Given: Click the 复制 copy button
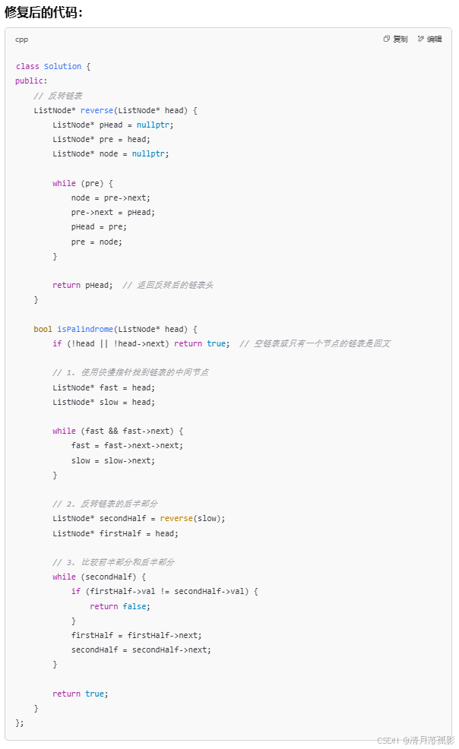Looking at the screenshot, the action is pyautogui.click(x=396, y=39).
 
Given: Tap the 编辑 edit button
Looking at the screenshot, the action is pyautogui.click(x=429, y=39).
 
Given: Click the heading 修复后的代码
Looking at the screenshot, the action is pyautogui.click(x=44, y=11).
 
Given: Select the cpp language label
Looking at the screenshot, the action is pyautogui.click(x=21, y=39).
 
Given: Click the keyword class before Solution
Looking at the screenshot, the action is pyautogui.click(x=27, y=67).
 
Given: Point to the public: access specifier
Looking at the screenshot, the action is pyautogui.click(x=31, y=81).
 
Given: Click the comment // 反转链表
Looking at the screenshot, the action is pyautogui.click(x=58, y=96).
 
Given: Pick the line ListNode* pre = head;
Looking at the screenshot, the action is pyautogui.click(x=101, y=140).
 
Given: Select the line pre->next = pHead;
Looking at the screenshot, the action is pyautogui.click(x=112, y=213).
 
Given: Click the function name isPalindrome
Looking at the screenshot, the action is pyautogui.click(x=84, y=329).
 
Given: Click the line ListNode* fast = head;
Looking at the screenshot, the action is pyautogui.click(x=103, y=387).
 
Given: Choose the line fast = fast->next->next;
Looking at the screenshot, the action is pyautogui.click(x=127, y=446).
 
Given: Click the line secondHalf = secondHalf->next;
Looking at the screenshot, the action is pyautogui.click(x=141, y=649).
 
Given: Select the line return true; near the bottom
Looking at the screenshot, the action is pyautogui.click(x=81, y=694).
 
